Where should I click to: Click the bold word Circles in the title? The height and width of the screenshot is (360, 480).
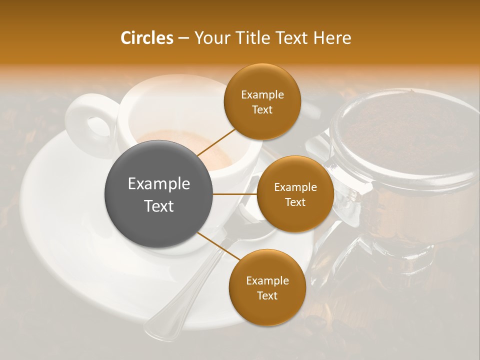146,38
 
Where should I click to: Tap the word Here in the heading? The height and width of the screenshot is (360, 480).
332,38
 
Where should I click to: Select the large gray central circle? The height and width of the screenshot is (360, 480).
159,194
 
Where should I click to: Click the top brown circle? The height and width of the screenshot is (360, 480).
262,101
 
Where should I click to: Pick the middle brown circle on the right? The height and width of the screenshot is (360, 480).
295,194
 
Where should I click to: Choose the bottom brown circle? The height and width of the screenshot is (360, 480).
267,287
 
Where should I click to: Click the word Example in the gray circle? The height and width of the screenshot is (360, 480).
159,184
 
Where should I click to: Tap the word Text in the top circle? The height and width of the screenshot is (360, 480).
262,110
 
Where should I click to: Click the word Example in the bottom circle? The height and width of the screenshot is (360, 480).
267,280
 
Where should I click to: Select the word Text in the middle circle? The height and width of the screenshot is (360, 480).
295,202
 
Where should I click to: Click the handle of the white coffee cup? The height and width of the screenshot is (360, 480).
90,120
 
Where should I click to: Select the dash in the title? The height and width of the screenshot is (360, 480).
183,38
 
